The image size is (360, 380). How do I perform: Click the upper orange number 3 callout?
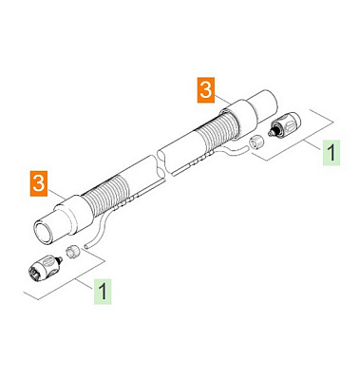pos(206,90)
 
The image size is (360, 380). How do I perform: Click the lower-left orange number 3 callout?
pos(39,183)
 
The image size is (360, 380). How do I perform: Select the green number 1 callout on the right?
pos(332,153)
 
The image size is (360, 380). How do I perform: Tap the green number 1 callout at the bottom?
pos(103,292)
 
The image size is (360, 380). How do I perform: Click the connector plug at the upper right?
pos(284,125)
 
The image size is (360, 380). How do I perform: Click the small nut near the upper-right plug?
pos(256,142)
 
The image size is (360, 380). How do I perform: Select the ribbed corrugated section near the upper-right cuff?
pos(216,130)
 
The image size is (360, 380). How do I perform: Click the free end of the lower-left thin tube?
pos(85,245)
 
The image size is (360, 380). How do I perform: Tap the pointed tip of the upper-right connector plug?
pos(270,134)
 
